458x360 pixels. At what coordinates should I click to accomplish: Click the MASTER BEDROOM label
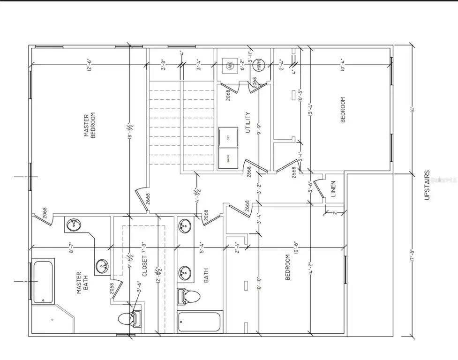pos(89,125)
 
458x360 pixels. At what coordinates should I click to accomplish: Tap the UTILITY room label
pos(247,121)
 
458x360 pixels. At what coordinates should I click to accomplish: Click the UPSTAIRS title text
pos(427,186)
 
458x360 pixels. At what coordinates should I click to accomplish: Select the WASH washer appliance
pos(229,158)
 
